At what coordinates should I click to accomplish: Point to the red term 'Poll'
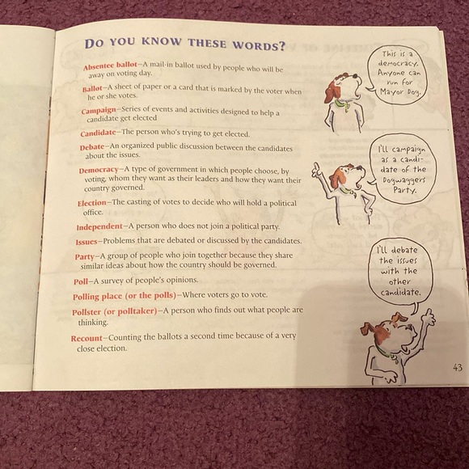click(x=79, y=281)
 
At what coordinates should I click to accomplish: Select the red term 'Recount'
click(x=85, y=338)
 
